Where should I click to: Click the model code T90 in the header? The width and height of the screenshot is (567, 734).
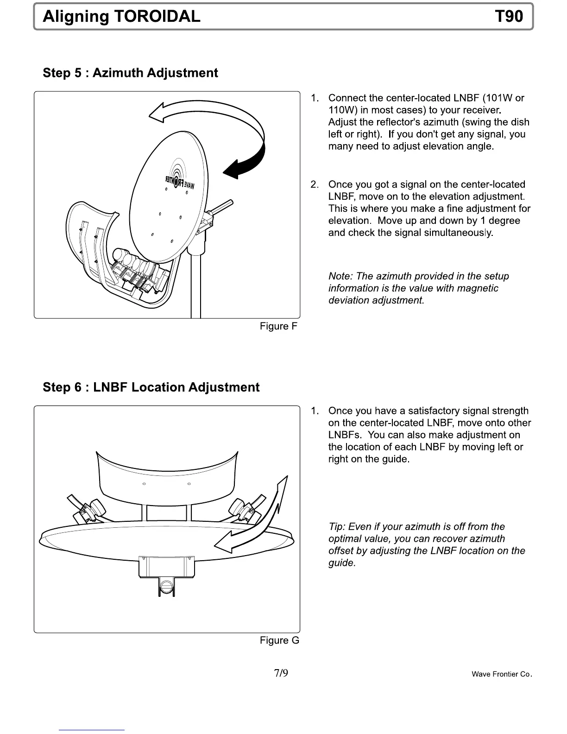click(x=509, y=17)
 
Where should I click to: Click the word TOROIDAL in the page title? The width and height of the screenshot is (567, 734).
click(x=157, y=17)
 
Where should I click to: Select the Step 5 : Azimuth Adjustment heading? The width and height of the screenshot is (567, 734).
click(x=130, y=73)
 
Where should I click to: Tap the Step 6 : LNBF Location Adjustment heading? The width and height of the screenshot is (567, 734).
click(x=151, y=387)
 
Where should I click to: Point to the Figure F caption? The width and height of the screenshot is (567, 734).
click(x=278, y=326)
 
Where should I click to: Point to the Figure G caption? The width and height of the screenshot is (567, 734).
click(x=279, y=640)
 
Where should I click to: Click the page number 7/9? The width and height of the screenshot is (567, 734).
click(x=281, y=673)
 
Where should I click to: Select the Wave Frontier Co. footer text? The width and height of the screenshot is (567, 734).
click(x=502, y=674)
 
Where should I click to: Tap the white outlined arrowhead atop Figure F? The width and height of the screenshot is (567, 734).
click(x=160, y=113)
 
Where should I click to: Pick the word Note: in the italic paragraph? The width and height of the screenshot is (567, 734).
click(x=340, y=276)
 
